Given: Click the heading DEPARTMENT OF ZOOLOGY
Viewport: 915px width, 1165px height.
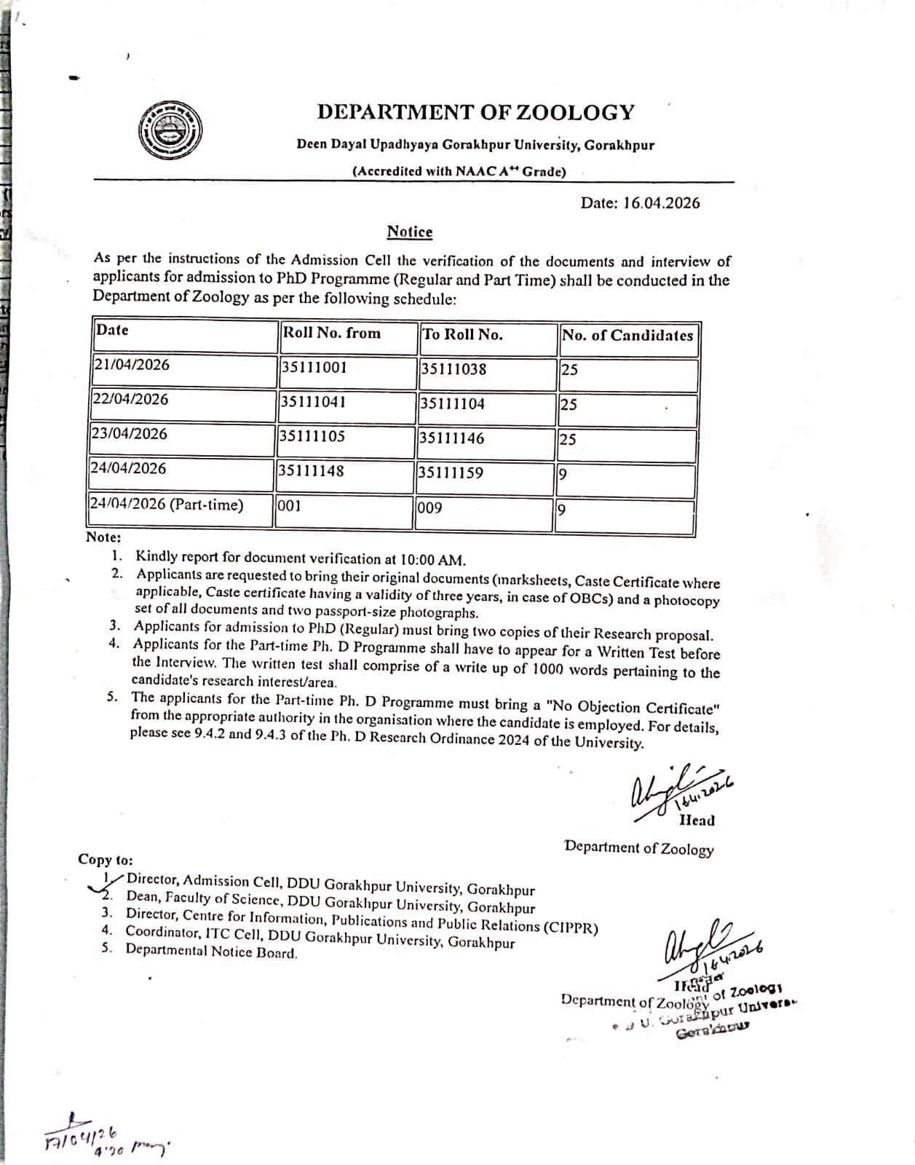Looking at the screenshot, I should pyautogui.click(x=475, y=112).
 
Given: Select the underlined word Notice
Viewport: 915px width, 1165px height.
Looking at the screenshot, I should pyautogui.click(x=409, y=232).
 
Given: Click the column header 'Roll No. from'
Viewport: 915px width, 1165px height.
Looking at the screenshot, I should pyautogui.click(x=331, y=333).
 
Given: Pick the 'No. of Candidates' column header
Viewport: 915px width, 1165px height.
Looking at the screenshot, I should pyautogui.click(x=627, y=336).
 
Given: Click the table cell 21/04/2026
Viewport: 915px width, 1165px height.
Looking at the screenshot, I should pyautogui.click(x=132, y=364).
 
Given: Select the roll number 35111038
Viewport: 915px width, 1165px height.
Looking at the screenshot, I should pyautogui.click(x=453, y=369).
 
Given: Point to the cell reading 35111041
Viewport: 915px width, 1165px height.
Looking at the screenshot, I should pyautogui.click(x=314, y=402).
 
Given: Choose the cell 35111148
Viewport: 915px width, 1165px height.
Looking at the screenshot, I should pyautogui.click(x=312, y=471).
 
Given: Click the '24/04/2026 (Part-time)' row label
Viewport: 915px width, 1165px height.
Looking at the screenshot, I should pyautogui.click(x=167, y=504).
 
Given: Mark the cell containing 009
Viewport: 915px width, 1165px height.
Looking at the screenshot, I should pyautogui.click(x=430, y=508).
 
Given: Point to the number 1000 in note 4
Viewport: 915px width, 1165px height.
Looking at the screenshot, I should pyautogui.click(x=548, y=669).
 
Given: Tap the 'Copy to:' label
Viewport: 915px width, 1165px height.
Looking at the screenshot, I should pyautogui.click(x=106, y=859).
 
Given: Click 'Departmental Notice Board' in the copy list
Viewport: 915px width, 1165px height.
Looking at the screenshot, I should pyautogui.click(x=211, y=952).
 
